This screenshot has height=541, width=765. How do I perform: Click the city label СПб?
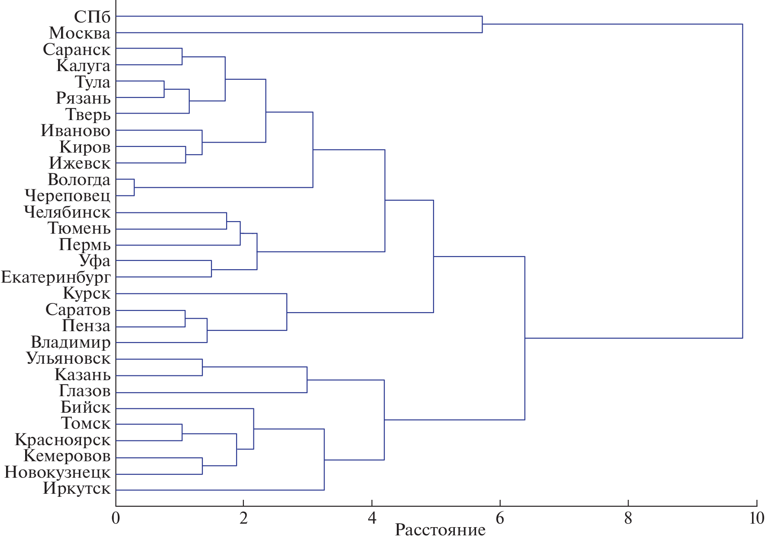(92, 17)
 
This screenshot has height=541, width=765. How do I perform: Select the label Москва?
(80, 33)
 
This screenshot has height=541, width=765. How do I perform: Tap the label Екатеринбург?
(56, 277)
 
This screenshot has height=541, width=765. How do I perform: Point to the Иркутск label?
(77, 489)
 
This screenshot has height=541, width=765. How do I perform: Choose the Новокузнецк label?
(57, 473)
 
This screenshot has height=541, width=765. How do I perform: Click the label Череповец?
(68, 196)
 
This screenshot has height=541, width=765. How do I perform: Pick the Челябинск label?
(67, 212)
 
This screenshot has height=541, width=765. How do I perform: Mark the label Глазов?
(84, 391)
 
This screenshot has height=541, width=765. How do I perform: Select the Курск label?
(87, 293)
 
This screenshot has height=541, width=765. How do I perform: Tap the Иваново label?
(75, 130)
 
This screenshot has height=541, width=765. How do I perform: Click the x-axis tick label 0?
(116, 518)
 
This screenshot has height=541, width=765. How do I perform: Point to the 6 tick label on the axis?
(500, 518)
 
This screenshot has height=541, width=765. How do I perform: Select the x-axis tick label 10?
(756, 518)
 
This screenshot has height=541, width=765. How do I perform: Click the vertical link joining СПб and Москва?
(482, 24)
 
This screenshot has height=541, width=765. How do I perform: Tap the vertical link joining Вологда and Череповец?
(134, 187)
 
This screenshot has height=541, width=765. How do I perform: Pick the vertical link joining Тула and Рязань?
(164, 89)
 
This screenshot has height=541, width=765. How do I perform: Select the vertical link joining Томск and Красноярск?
(182, 432)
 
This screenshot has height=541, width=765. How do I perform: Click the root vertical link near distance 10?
(742, 181)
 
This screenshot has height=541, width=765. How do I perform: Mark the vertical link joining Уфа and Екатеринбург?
(211, 269)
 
